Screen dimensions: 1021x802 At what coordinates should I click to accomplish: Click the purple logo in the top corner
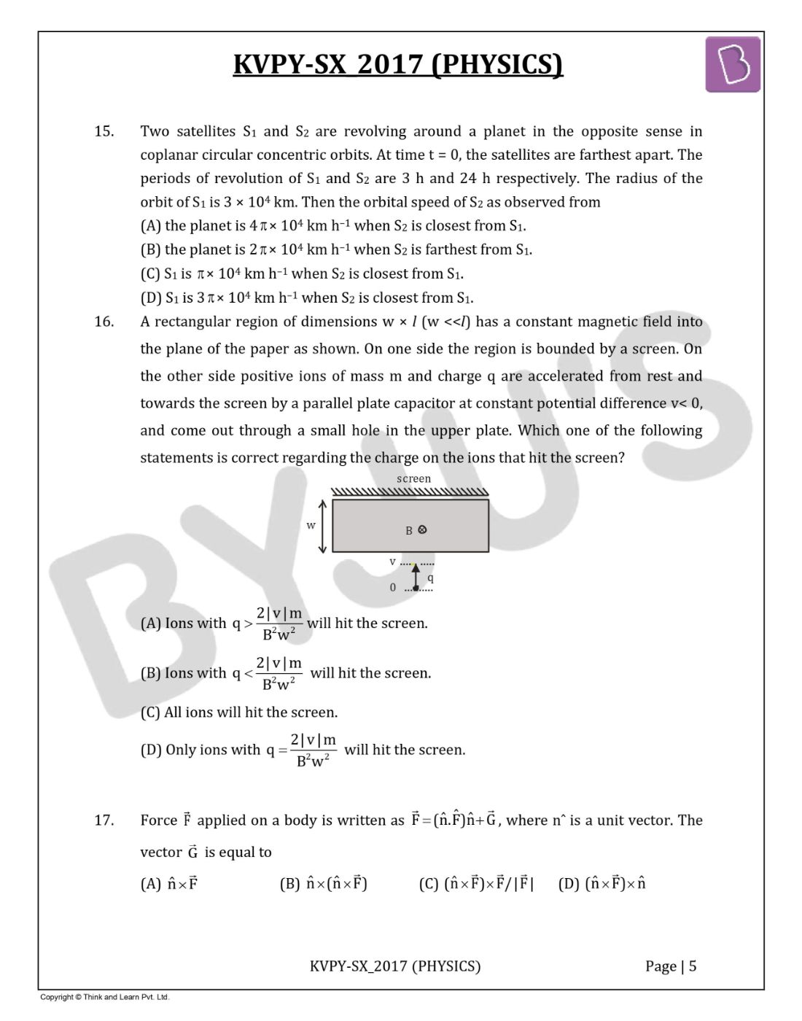coord(732,66)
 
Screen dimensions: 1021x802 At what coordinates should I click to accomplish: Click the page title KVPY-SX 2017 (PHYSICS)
coord(398,64)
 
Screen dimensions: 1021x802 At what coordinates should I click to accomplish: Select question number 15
coord(104,131)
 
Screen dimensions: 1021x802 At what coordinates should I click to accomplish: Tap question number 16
coord(104,322)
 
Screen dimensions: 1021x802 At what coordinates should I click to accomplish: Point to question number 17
coord(104,820)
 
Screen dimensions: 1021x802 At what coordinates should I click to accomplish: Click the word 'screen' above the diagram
coord(413,478)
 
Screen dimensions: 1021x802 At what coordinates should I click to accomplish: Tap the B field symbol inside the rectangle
coord(416,530)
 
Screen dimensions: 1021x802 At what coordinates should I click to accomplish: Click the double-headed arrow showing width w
coord(324,526)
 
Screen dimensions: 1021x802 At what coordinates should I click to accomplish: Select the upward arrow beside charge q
coord(416,575)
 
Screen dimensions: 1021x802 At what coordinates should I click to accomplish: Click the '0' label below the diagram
coord(393,587)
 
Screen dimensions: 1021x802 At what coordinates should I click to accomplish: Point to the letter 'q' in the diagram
coord(430,578)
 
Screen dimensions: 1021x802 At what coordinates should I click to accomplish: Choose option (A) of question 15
coord(333,226)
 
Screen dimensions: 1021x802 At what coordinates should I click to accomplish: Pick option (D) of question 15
coord(307,298)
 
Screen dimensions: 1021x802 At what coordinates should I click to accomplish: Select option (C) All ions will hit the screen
coord(239,713)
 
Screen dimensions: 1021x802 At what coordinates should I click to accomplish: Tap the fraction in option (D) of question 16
coord(314,750)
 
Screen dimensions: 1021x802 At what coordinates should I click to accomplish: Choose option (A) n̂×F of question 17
coord(169,884)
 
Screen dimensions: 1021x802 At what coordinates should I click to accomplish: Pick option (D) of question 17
coord(602,884)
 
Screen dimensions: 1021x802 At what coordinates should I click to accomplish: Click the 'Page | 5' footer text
coord(671,966)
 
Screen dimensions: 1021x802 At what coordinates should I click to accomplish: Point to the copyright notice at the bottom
coord(104,997)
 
